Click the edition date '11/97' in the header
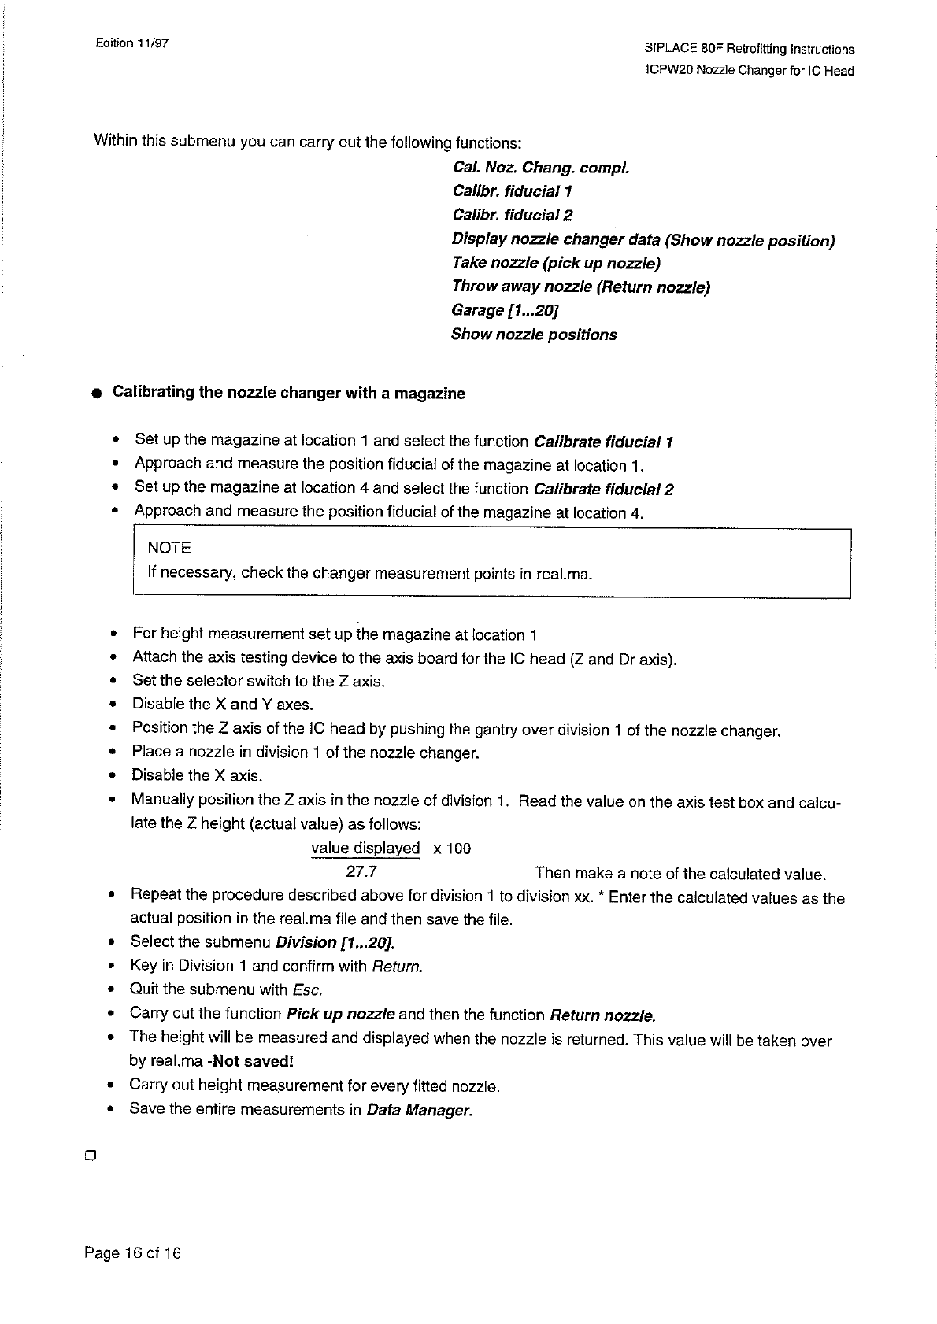click(153, 43)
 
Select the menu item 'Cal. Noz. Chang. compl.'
click(541, 168)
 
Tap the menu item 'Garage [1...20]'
click(505, 310)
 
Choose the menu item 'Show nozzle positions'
click(534, 335)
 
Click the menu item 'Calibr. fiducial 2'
click(513, 215)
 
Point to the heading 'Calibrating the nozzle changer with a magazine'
click(289, 393)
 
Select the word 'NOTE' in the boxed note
click(169, 548)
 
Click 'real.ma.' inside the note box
click(564, 574)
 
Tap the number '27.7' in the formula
click(361, 872)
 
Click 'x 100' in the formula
click(452, 849)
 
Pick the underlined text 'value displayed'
click(365, 849)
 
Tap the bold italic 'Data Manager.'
click(419, 1111)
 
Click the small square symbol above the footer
click(89, 1156)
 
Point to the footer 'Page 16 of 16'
click(132, 1253)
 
